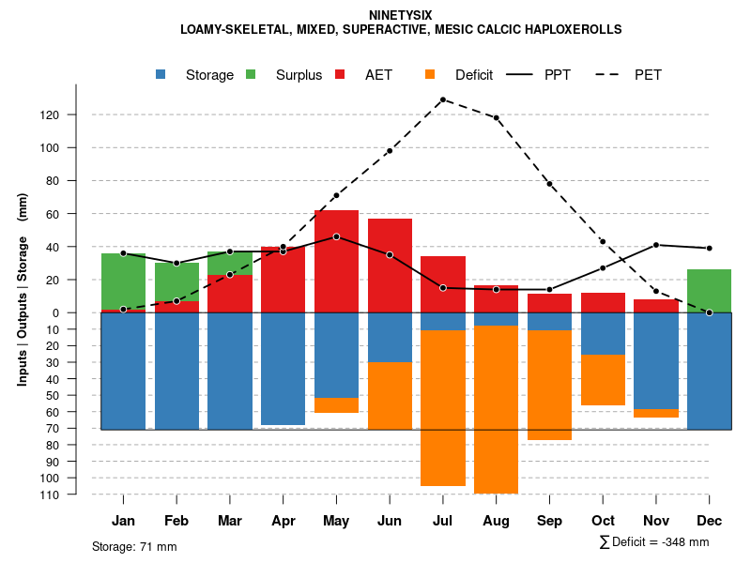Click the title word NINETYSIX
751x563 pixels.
401,15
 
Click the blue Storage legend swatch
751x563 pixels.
162,74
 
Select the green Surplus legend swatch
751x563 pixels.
252,74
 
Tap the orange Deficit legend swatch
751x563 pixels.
431,74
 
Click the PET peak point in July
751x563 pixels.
442,99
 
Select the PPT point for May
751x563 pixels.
336,236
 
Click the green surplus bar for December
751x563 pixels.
709,289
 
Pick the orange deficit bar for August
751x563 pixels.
496,409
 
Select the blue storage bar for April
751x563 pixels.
283,369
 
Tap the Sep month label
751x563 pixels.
549,521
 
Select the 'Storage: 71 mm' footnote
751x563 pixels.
134,546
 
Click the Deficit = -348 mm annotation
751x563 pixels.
653,542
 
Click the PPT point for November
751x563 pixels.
656,245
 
